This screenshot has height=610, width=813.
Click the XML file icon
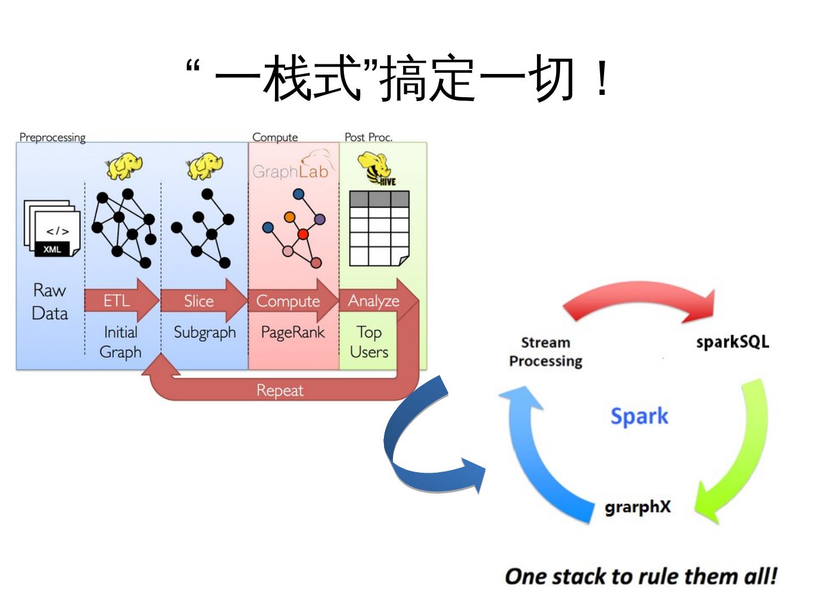click(x=52, y=229)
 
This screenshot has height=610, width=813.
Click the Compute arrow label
click(x=288, y=301)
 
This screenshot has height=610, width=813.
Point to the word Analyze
click(x=373, y=300)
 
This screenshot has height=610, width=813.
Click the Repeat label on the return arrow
click(x=279, y=390)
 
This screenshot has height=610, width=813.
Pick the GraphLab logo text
click(x=290, y=171)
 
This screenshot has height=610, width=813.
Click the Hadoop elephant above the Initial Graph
click(x=124, y=165)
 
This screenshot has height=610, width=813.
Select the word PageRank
click(x=292, y=332)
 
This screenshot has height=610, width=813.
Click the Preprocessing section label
click(x=53, y=137)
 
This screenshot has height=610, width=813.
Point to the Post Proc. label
click(x=368, y=137)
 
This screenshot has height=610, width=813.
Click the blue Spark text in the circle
click(x=639, y=416)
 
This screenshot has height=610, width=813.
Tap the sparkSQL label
click(x=732, y=342)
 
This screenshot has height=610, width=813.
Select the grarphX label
click(x=637, y=507)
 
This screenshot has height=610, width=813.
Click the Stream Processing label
click(x=545, y=351)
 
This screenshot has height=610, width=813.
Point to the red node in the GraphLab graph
click(x=303, y=234)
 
